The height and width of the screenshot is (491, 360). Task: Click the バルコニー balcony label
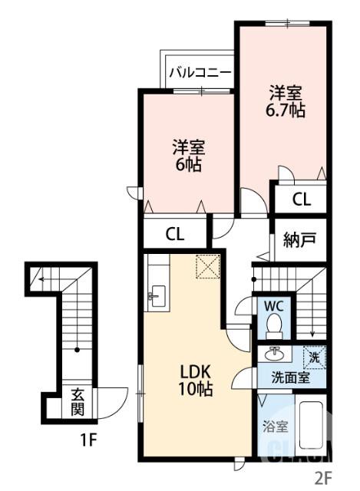click(199, 74)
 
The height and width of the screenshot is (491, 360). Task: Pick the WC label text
click(273, 305)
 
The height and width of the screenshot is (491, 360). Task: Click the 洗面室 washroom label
click(290, 377)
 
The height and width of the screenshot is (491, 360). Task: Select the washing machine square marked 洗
click(313, 356)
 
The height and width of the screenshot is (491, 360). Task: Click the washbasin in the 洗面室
click(272, 355)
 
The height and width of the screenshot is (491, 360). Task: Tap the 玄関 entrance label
click(78, 401)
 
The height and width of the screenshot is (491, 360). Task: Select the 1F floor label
click(90, 442)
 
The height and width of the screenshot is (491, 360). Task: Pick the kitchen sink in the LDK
click(159, 295)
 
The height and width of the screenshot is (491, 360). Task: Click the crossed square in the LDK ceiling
click(207, 266)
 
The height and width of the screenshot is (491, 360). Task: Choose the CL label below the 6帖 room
click(176, 234)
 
